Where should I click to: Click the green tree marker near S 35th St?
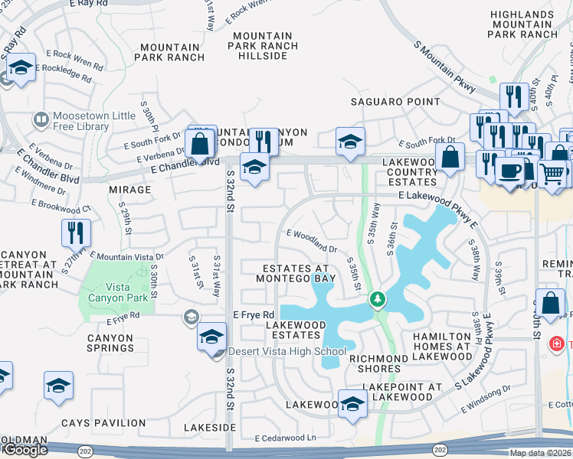[x=376, y=298]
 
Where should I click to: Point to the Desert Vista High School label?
[x=288, y=352]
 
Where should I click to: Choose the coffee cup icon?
[x=509, y=171]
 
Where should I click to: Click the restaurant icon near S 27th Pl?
[x=77, y=232]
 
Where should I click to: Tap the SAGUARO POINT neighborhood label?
[x=395, y=102]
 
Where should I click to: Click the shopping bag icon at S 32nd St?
[x=199, y=143]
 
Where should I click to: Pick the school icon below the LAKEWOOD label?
[x=352, y=405]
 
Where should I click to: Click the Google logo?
[x=25, y=450]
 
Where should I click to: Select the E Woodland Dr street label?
[x=312, y=241]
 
